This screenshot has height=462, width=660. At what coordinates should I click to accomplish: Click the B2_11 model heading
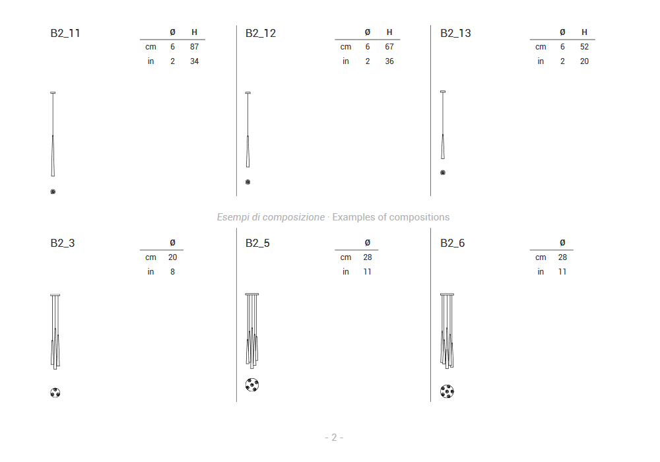(65, 33)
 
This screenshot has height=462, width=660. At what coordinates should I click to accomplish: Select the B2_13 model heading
(455, 33)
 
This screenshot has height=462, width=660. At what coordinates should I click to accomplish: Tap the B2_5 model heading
(257, 243)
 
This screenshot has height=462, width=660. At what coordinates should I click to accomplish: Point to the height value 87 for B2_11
(194, 47)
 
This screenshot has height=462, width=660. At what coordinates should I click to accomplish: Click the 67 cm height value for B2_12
(389, 47)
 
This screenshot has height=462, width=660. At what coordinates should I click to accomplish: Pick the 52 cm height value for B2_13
(584, 47)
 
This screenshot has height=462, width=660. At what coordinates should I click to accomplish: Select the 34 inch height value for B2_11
(194, 61)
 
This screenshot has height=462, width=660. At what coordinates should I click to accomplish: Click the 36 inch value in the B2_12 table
(389, 61)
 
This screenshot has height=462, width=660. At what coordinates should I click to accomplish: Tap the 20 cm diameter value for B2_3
(172, 257)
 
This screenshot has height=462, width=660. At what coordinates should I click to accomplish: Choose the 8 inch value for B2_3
(172, 272)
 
